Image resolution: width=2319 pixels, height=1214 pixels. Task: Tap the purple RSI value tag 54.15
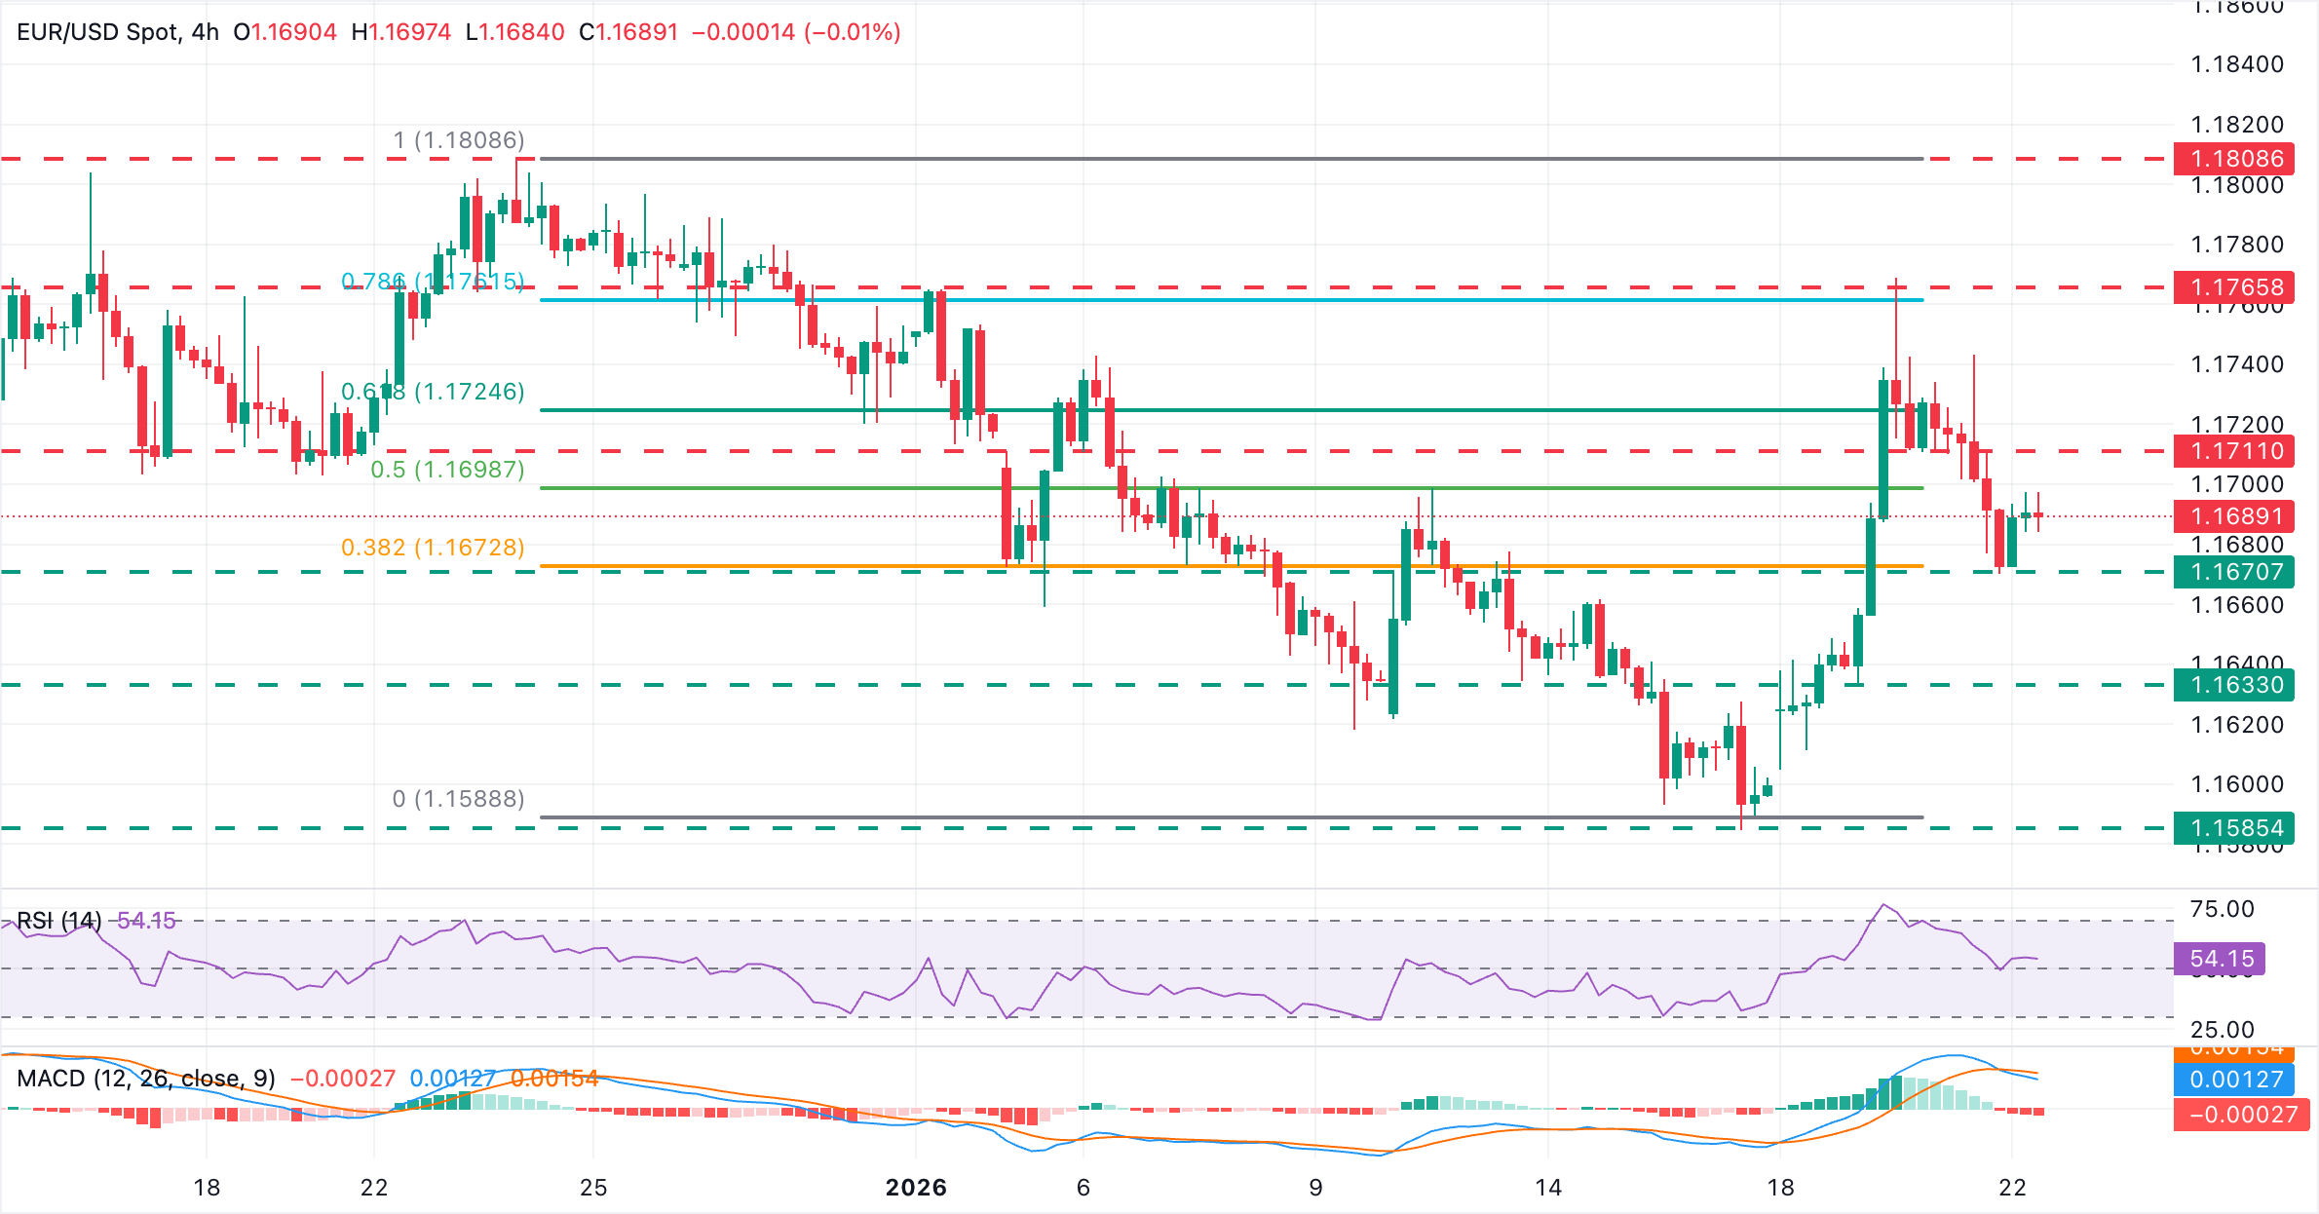pos(2221,959)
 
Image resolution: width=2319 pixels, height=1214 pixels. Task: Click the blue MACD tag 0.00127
pos(2235,1080)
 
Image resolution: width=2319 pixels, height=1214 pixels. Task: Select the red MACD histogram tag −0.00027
pos(2241,1115)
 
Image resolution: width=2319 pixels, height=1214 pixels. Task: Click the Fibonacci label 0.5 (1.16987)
pos(447,470)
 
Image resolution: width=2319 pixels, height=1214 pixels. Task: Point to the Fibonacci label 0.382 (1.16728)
pos(433,548)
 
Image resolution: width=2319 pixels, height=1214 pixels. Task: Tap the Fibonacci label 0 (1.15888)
pos(458,799)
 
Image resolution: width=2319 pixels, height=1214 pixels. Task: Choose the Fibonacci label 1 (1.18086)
pos(458,140)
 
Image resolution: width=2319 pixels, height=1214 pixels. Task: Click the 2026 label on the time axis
pos(916,1188)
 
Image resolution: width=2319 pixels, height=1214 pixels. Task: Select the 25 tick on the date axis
pos(593,1188)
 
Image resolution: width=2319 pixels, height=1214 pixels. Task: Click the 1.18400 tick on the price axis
pos(2237,65)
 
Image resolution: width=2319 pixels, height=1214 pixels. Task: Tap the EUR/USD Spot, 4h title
pos(118,32)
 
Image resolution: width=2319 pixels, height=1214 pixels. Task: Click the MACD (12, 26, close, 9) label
pos(146,1079)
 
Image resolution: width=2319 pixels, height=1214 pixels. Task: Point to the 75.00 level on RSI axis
pos(2222,909)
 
